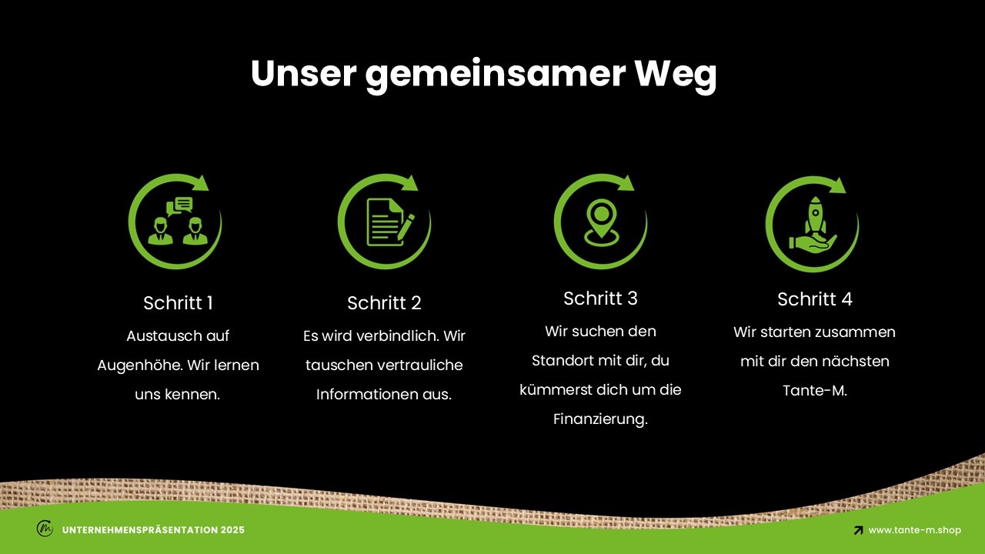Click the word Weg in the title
pos(676,75)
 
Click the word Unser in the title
pos(303,73)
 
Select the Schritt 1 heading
pos(178,302)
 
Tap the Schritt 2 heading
pos(384,302)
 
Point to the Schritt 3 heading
pos(600,298)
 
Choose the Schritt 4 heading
pos(815,299)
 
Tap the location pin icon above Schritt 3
pos(601,222)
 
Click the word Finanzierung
pos(600,419)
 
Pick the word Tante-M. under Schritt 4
pos(815,390)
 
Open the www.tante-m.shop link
pos(915,530)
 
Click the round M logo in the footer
pos(45,528)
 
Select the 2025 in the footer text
pos(232,530)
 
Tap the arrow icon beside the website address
pos(858,530)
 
